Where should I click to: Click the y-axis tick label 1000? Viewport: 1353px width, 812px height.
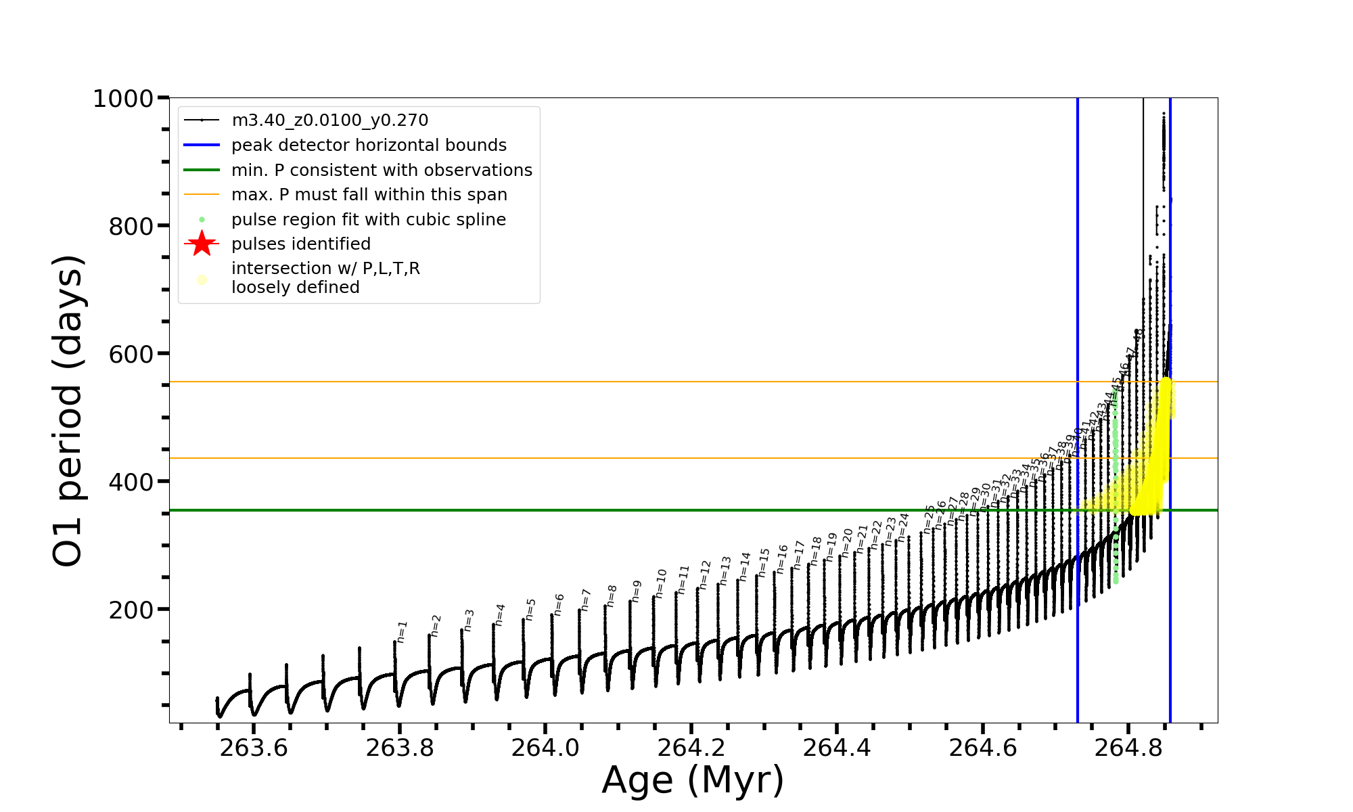coord(123,99)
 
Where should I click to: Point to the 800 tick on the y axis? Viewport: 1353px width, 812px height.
coord(131,227)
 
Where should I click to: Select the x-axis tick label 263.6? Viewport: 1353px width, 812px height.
coord(254,748)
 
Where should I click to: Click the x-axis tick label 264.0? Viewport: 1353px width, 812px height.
coord(545,748)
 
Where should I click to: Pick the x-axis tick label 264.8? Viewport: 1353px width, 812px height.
coord(1128,748)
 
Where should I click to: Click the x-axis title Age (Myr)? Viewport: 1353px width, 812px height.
coord(693,780)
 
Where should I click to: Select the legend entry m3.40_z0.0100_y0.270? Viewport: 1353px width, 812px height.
coord(329,120)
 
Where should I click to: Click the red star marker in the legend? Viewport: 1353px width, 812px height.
coord(202,244)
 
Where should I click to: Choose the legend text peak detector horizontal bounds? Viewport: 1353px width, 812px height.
coord(369,145)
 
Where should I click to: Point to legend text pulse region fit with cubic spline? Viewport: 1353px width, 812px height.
coord(368,220)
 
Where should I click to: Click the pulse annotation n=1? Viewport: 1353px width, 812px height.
coord(402,631)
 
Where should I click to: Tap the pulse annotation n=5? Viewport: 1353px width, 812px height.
coord(530,609)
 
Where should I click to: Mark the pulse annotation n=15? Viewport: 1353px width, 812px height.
coord(764,562)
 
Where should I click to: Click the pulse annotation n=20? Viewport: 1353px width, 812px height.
coord(846,543)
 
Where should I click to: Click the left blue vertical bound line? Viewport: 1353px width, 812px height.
coord(1078,271)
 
